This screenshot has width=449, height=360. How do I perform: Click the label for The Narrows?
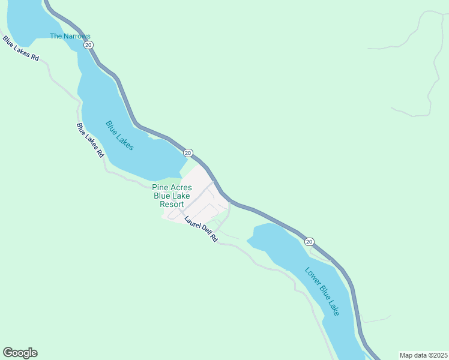coord(70,36)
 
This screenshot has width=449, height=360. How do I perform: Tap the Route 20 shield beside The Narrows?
coord(88,45)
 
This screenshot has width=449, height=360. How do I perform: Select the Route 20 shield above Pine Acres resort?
coord(188,153)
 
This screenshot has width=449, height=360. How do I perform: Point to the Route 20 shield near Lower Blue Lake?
coord(309,241)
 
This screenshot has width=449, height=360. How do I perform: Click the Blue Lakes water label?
coord(119,136)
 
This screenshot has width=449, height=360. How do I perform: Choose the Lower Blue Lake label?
coord(322,291)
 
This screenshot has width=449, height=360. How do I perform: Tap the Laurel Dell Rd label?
coord(200,229)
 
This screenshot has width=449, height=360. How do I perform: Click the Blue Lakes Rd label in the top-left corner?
coord(20,49)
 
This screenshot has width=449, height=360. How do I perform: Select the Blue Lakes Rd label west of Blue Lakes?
coord(90,140)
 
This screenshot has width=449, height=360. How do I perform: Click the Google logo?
coord(20,353)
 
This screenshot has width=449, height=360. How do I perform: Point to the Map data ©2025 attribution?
coord(423,355)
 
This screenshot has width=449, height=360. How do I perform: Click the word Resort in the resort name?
coord(172,204)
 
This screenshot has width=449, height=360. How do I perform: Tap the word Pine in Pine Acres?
coord(160,188)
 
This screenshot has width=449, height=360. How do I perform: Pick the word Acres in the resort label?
coord(181,188)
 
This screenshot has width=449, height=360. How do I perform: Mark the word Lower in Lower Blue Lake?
coord(312,277)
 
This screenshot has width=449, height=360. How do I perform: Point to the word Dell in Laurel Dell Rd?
coord(205,232)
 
